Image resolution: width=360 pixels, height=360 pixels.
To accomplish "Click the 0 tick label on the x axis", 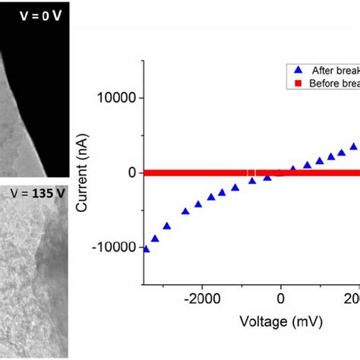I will pos(281,298).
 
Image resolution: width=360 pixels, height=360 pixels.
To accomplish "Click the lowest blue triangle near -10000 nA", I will pos(146,248).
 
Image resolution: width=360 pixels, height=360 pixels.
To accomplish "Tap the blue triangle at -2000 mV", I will pos(199,204).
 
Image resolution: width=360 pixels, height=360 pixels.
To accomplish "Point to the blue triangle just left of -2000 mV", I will pos(185,210).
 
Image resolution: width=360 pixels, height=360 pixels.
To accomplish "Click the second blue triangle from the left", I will pos(156,238).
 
